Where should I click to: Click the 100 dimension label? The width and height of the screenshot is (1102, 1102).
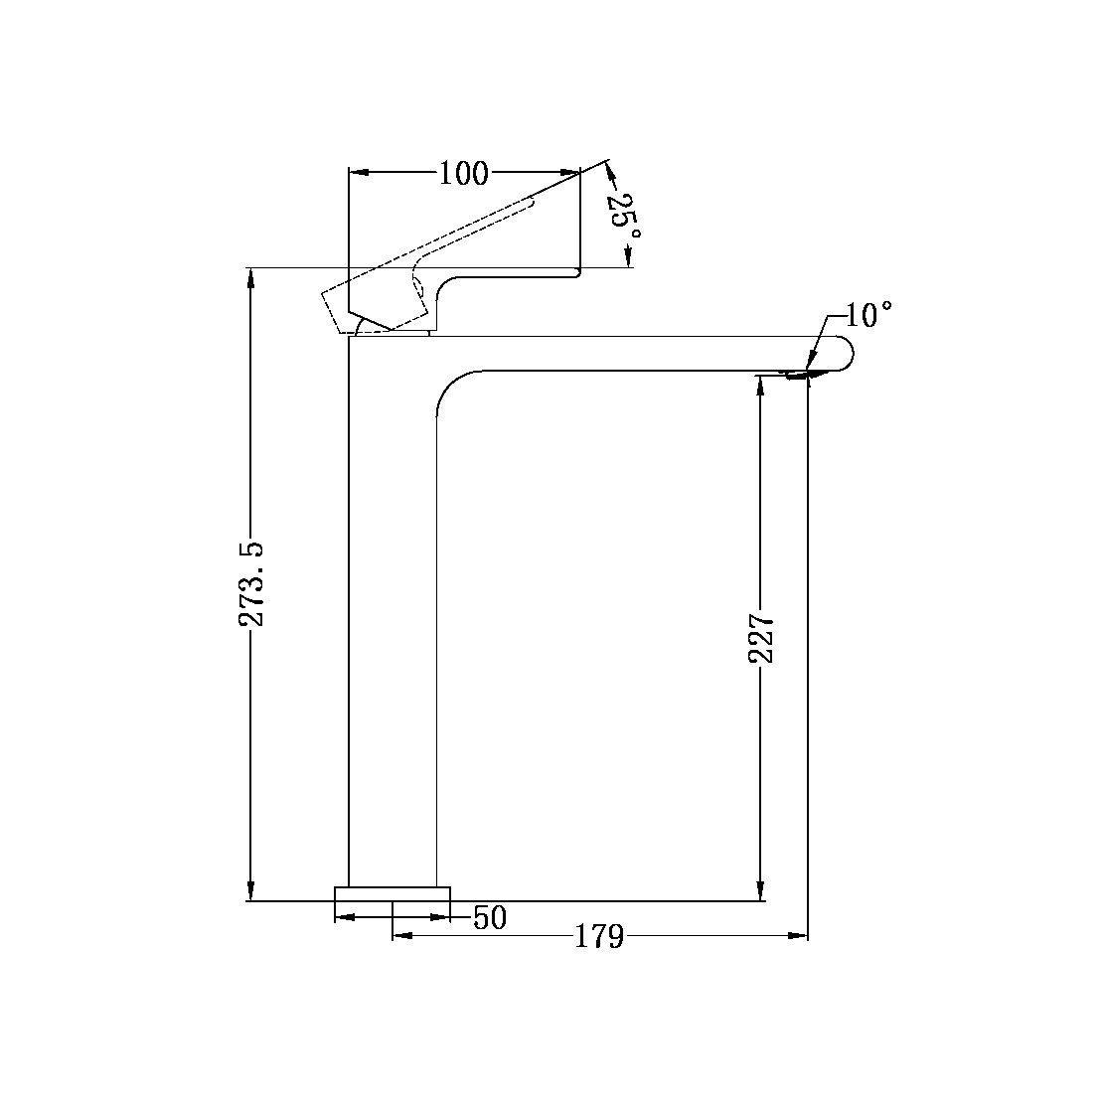(x=463, y=174)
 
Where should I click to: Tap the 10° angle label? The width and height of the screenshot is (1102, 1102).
(x=868, y=316)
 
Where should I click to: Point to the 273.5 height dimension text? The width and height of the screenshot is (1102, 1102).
(x=252, y=583)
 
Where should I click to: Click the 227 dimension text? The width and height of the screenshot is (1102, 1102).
(x=761, y=638)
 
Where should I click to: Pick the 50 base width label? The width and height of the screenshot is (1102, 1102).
(x=489, y=918)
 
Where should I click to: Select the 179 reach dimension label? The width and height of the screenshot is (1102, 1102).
(x=599, y=936)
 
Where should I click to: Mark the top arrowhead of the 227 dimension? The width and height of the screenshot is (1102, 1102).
(x=761, y=385)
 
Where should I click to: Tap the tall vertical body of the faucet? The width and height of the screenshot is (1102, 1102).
(x=393, y=616)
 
